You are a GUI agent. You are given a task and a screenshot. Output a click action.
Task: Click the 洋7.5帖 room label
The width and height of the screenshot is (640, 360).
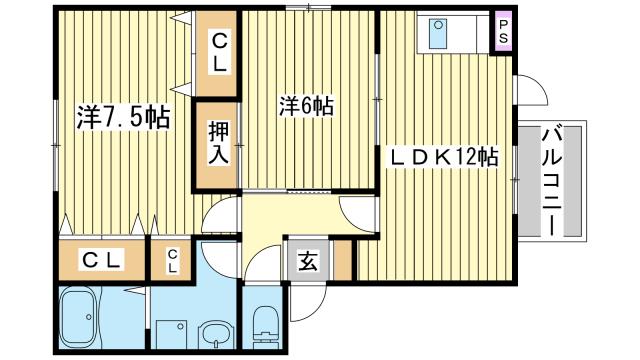tap(123, 118)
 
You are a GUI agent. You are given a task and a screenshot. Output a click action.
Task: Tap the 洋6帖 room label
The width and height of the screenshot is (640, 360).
tap(305, 105)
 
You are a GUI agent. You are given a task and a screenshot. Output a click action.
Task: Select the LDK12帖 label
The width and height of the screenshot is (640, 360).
tap(444, 157)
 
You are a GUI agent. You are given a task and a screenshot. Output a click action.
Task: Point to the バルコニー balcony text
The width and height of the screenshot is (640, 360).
tap(551, 180)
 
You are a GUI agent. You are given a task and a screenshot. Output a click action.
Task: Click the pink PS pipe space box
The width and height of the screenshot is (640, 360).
tap(503, 29)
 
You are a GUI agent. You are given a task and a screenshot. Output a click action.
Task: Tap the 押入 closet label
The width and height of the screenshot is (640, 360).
tap(218, 141)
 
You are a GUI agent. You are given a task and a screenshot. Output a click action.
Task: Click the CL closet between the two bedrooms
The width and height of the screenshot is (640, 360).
tap(218, 50)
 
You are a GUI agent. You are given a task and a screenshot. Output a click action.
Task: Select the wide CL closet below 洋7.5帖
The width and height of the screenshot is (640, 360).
tap(102, 262)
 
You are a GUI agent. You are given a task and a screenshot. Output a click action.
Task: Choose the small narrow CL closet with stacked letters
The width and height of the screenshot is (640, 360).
tap(172, 262)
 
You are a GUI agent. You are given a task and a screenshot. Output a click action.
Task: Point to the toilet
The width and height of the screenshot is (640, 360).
tap(265, 324)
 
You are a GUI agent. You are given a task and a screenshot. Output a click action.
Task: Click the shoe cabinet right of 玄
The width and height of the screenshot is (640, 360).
tap(343, 262)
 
